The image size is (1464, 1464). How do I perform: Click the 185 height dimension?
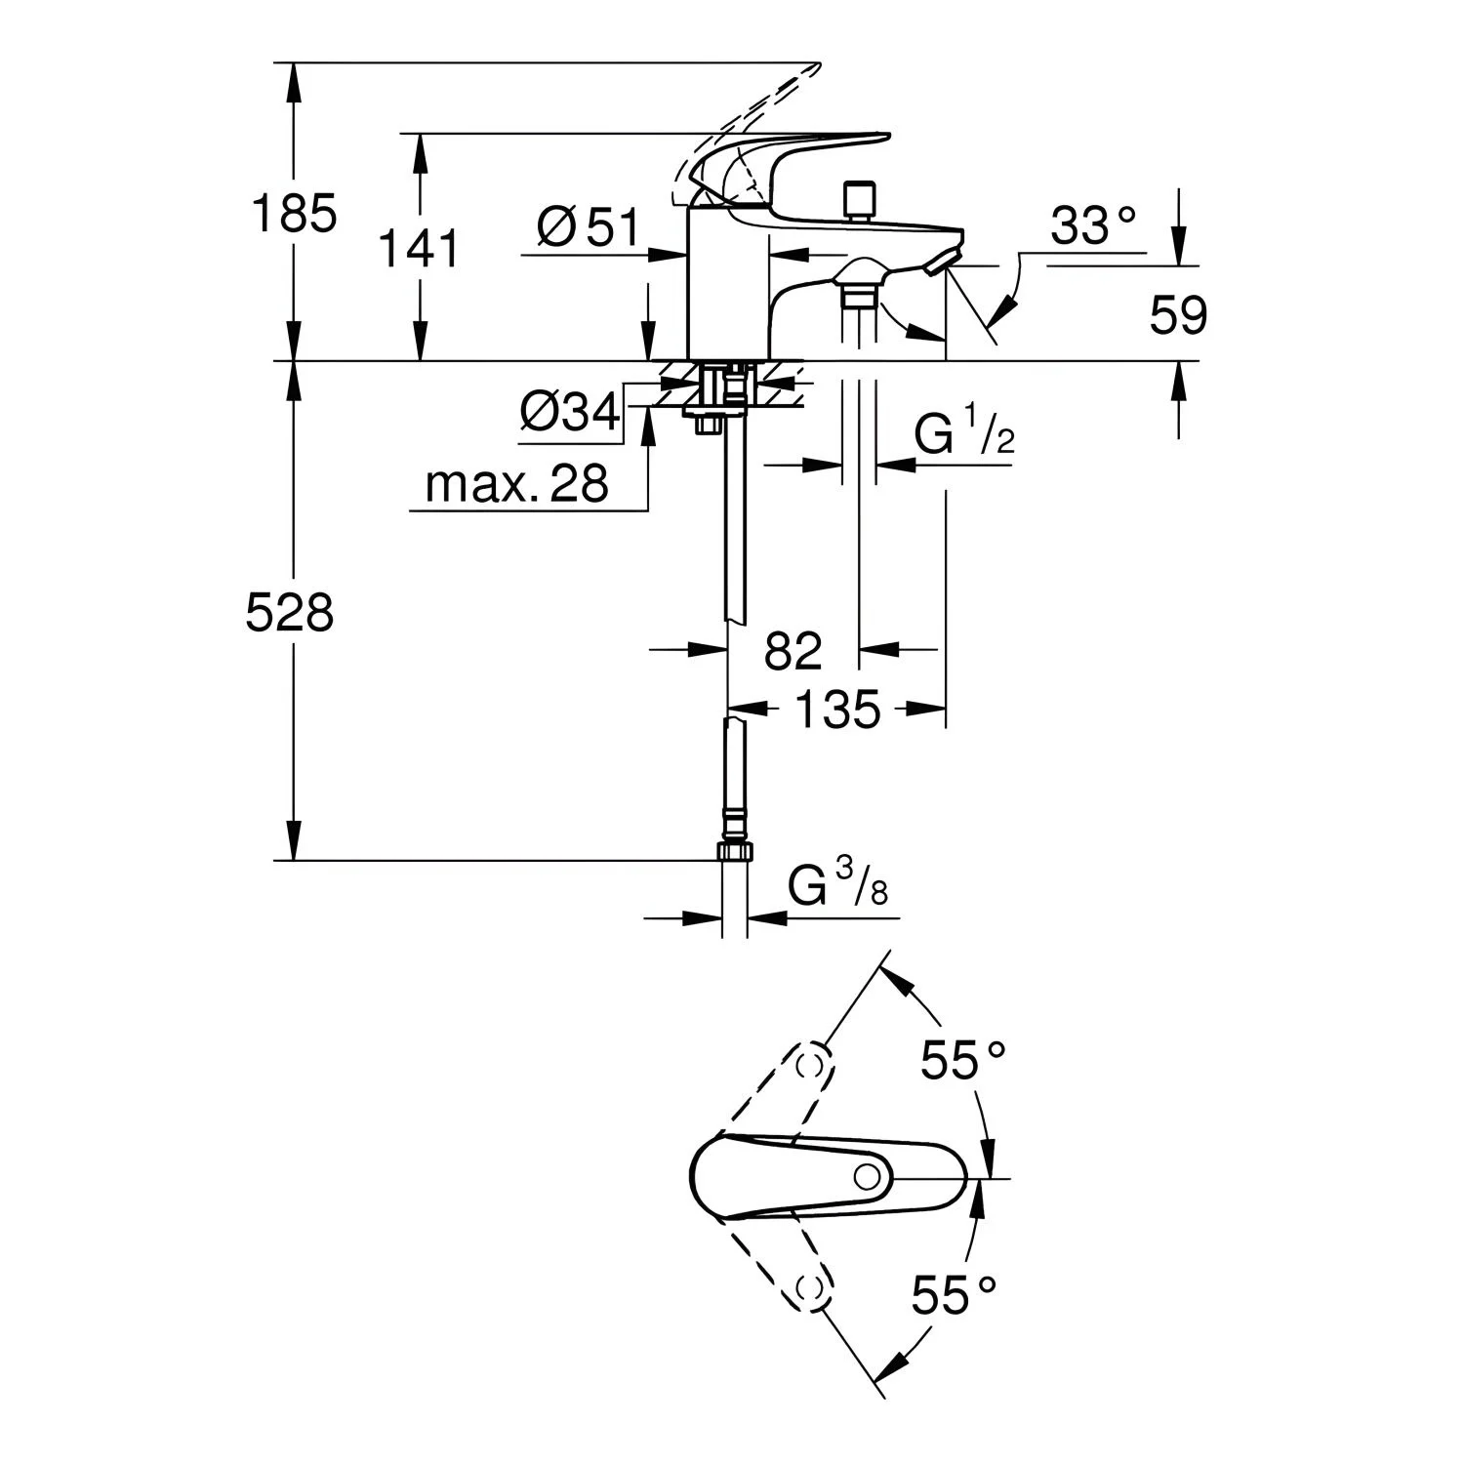pos(295,214)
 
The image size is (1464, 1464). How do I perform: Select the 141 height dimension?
pos(419,249)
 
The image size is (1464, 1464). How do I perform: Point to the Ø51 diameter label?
pos(588,228)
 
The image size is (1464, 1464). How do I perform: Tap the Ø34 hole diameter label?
pos(570,414)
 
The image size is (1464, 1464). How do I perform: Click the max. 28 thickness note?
pos(517,482)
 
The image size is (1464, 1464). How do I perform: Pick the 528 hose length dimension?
pos(290,614)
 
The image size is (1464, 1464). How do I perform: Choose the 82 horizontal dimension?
pos(793,651)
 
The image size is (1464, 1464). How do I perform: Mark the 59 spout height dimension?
pos(1179,315)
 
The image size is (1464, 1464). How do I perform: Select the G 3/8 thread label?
pos(838,886)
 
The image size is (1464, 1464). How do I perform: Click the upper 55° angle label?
pos(964,1060)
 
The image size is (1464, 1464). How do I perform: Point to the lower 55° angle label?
pos(955,1296)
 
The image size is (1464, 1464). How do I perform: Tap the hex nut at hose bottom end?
pos(736,851)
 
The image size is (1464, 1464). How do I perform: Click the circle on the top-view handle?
pos(867,1177)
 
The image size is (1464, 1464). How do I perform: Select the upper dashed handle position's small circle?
pos(809,1065)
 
